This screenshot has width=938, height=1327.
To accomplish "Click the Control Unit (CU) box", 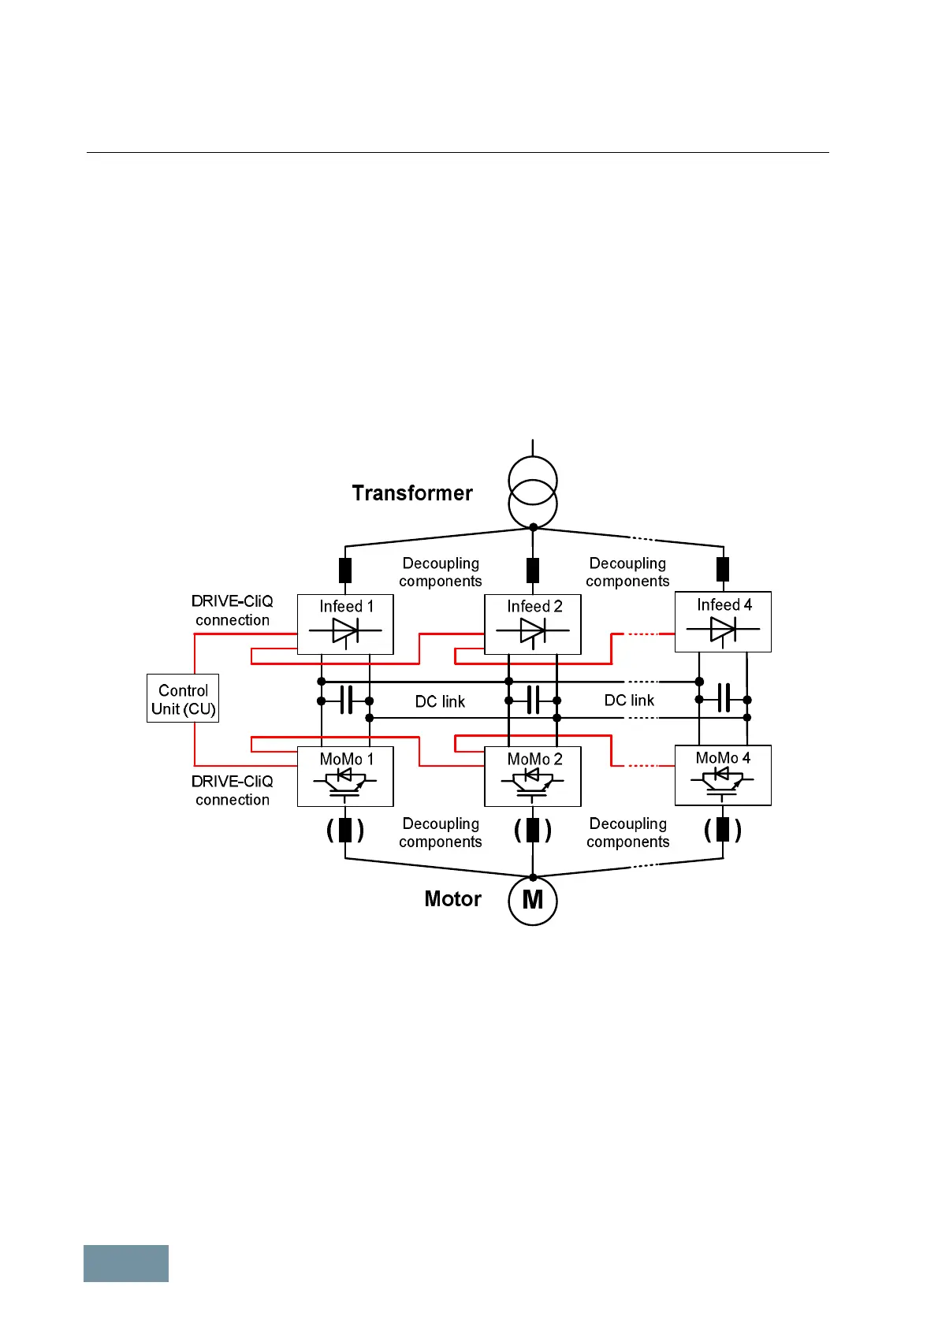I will [182, 698].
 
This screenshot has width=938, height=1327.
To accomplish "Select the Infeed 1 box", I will [344, 624].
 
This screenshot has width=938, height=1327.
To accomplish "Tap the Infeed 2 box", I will [532, 624].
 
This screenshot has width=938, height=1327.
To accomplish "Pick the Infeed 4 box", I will [723, 622].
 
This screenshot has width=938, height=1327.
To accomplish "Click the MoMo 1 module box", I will [344, 776].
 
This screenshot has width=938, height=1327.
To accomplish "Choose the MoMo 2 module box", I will [532, 776].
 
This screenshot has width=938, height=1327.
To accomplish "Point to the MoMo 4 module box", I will [723, 775].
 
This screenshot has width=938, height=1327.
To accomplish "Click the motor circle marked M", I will [533, 901].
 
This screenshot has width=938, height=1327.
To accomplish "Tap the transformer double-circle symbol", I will [533, 493].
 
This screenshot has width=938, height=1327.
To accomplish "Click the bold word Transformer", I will [412, 493].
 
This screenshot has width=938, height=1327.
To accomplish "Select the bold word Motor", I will [452, 899].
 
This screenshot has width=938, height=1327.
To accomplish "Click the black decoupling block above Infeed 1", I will [344, 570].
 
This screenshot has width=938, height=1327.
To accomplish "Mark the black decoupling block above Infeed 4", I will [723, 569].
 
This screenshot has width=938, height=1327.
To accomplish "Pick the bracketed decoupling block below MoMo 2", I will [533, 831].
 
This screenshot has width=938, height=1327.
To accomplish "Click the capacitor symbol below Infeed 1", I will [345, 700].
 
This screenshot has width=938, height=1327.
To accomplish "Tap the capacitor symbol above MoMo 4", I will [724, 698].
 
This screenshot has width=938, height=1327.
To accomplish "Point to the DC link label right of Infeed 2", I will [629, 701].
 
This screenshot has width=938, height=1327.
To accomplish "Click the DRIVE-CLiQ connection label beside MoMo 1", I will [233, 790].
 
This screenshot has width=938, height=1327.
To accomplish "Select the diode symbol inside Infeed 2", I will [533, 630].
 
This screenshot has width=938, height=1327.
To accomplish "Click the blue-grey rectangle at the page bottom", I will [126, 1263].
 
